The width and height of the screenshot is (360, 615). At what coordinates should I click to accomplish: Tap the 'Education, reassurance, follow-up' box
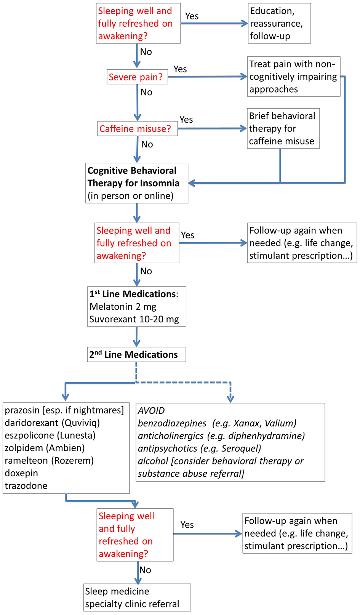pyautogui.click(x=279, y=23)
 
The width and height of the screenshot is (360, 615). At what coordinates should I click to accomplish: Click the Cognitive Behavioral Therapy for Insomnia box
pyautogui.click(x=136, y=183)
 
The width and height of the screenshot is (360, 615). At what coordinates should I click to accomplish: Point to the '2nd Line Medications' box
pyautogui.click(x=136, y=354)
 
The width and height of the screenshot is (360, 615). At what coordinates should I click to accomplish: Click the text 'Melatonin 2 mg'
pyautogui.click(x=123, y=307)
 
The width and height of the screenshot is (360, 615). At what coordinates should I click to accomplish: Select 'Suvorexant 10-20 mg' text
pyautogui.click(x=134, y=319)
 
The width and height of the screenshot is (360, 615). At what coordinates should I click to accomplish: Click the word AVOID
pyautogui.click(x=151, y=411)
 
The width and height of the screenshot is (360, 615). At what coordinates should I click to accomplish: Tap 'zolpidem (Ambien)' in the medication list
pyautogui.click(x=45, y=448)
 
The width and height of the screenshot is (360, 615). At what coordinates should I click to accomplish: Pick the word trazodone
pyautogui.click(x=26, y=486)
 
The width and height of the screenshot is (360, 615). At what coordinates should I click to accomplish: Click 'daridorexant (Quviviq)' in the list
pyautogui.click(x=52, y=423)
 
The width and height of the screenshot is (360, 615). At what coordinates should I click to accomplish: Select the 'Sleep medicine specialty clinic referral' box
pyautogui.click(x=137, y=597)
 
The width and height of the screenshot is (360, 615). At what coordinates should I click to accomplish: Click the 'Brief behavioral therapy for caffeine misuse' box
pyautogui.click(x=283, y=128)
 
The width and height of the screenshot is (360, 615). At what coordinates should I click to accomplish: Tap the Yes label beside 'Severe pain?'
pyautogui.click(x=180, y=69)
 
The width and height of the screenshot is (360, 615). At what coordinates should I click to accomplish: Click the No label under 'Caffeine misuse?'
pyautogui.click(x=147, y=144)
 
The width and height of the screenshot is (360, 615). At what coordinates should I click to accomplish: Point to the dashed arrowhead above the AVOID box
pyautogui.click(x=230, y=399)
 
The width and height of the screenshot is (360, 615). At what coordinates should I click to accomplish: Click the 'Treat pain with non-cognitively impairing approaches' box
pyautogui.click(x=293, y=77)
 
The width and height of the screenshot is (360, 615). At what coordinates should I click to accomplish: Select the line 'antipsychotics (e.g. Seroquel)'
pyautogui.click(x=199, y=448)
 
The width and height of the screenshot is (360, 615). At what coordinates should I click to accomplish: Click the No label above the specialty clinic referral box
pyautogui.click(x=145, y=570)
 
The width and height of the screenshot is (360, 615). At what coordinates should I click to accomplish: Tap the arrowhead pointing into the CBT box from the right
pyautogui.click(x=192, y=183)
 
